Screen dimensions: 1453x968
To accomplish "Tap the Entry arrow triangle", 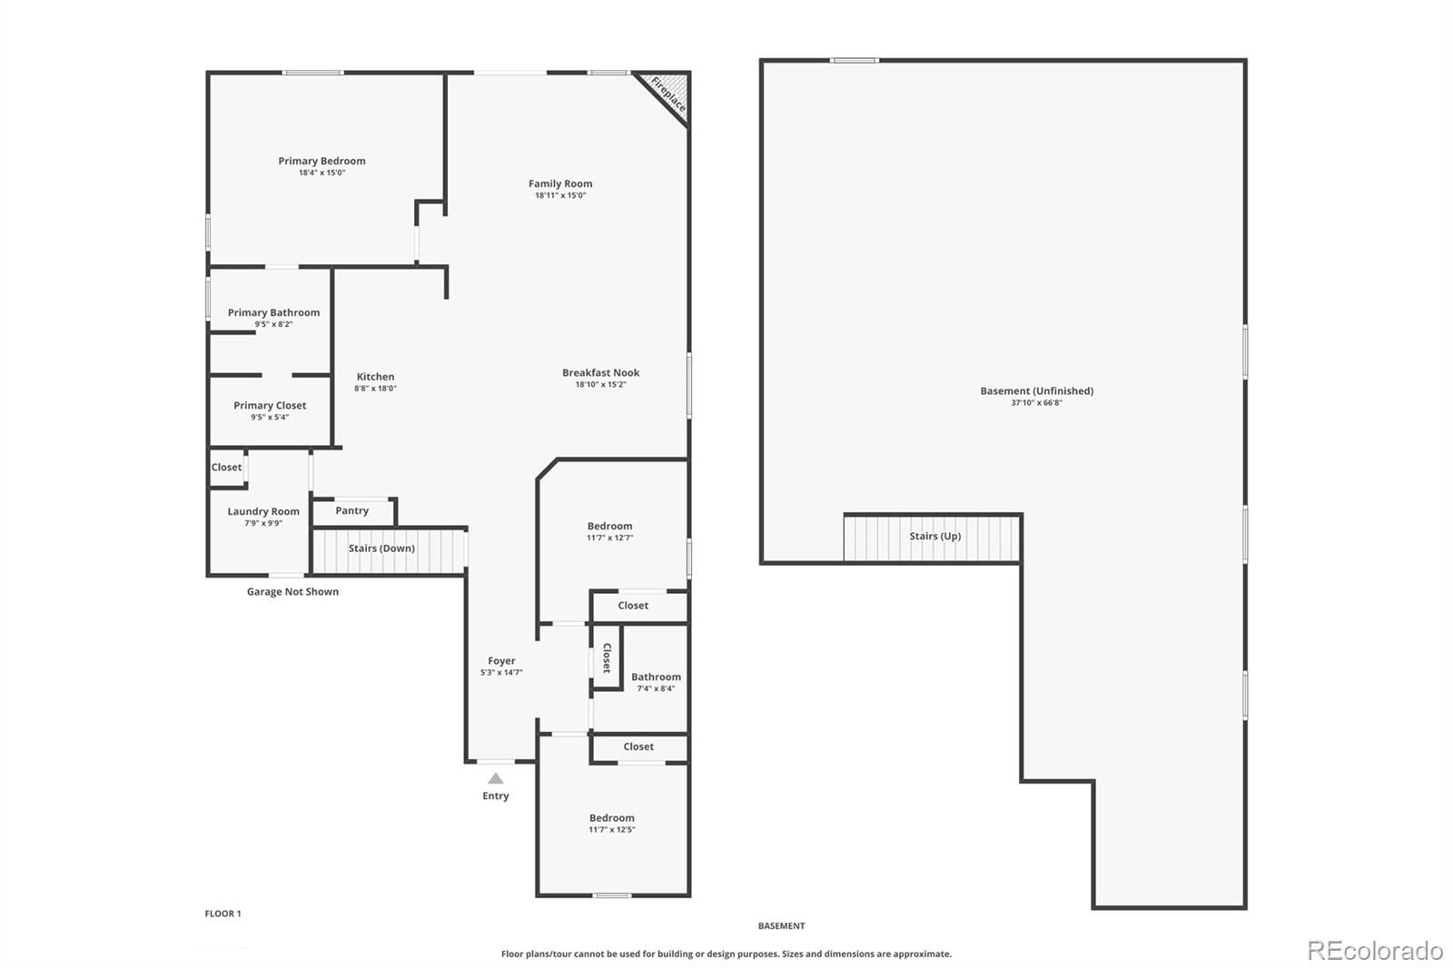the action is coord(496,778).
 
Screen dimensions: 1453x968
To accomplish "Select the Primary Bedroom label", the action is coord(321,161).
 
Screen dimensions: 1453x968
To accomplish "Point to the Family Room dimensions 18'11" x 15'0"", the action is coord(560,195).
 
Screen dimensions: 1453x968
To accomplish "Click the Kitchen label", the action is coord(376,376).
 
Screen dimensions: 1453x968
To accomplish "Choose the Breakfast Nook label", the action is coord(600,372).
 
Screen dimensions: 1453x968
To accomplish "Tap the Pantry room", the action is coord(353,512).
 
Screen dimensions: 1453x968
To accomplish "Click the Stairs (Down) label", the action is coord(381,548).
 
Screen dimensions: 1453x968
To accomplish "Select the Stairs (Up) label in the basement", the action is coord(934,536).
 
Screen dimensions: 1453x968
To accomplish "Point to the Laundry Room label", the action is coord(263,511).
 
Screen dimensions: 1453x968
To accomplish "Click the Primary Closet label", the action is coord(270,406).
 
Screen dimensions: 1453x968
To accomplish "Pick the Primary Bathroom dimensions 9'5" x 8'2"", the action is coord(273,324).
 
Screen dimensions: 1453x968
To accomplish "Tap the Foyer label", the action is coord(501,660).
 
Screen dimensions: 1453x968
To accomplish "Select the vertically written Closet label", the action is coord(608,657).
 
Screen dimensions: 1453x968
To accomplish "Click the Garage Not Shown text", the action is coord(292,592).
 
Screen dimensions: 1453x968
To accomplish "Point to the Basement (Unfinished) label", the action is coord(1036,390).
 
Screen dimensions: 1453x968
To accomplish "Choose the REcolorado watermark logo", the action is coord(1375,951).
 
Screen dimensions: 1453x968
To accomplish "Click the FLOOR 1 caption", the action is coord(222,914).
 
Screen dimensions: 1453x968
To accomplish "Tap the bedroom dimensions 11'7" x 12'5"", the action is coord(612,830).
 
